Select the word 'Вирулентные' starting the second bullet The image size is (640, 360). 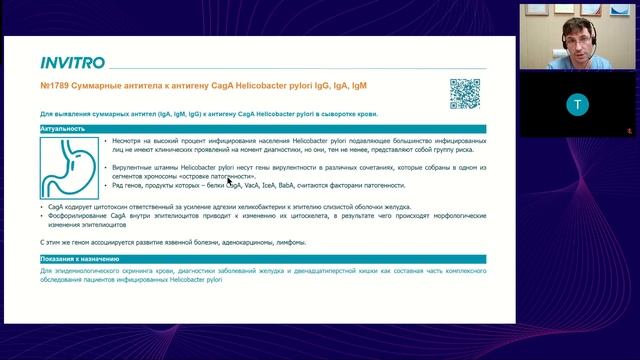click(135, 166)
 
